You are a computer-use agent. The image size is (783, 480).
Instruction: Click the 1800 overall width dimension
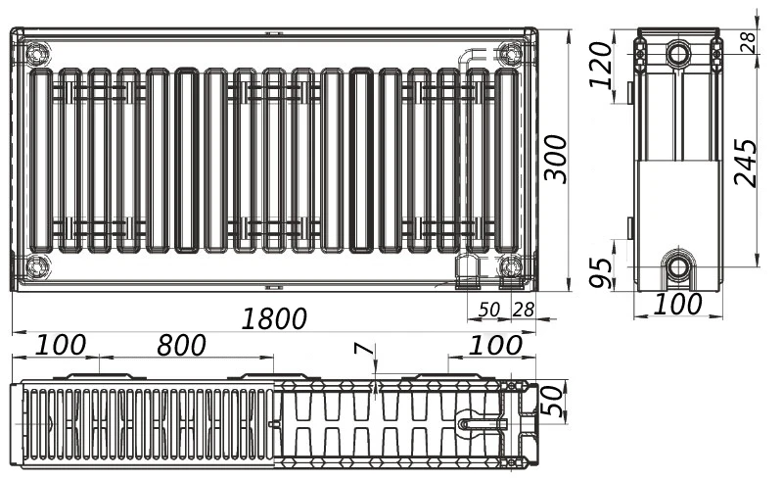click(274, 319)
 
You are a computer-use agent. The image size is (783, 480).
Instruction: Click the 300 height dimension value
click(556, 158)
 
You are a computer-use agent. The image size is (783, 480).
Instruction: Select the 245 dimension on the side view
click(746, 163)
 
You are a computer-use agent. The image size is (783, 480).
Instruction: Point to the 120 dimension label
click(600, 65)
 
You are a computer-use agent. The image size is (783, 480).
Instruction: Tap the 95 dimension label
click(600, 273)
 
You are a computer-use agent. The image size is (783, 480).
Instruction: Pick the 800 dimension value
click(181, 346)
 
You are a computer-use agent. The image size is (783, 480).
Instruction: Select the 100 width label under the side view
click(677, 304)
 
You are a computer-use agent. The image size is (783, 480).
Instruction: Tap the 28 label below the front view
click(524, 310)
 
